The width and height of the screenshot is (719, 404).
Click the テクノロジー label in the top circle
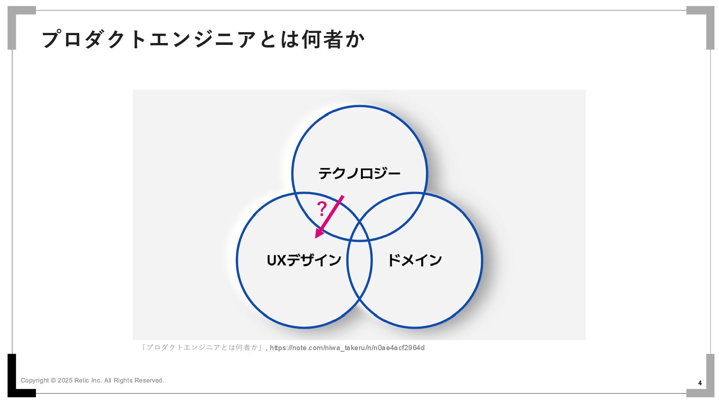pos(359,174)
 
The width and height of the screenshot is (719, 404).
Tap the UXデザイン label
pos(304,260)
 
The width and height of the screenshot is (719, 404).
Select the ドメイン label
pos(415,260)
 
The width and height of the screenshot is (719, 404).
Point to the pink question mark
pos(322,209)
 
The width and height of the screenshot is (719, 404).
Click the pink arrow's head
pos(319,234)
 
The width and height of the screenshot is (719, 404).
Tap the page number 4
pos(700,383)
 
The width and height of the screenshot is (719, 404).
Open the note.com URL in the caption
pos(347,348)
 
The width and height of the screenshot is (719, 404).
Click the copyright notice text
pos(92,380)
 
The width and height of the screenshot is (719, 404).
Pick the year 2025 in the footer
pos(65,380)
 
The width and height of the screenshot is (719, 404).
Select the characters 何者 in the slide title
pos(323,39)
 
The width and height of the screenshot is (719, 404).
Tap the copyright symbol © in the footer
pos(53,380)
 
